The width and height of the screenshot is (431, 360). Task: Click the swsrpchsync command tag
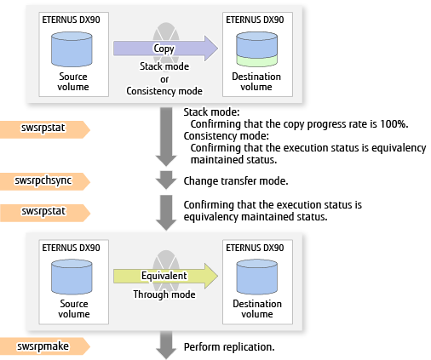coord(45,181)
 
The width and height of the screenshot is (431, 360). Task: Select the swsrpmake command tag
coord(45,346)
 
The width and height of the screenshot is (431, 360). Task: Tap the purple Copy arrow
coord(166,49)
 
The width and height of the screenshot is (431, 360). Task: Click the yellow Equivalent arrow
coord(166,276)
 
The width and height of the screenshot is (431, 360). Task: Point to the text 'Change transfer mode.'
coord(236,181)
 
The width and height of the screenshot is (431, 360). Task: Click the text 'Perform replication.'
coord(229,346)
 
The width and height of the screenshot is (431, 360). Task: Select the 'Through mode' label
coord(164,294)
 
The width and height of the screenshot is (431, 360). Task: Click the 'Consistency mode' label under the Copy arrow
coord(164,91)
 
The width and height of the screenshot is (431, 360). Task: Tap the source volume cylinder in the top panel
coord(72,49)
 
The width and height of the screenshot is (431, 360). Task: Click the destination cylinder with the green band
coord(256,49)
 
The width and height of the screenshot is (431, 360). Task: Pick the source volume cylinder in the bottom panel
coord(72,277)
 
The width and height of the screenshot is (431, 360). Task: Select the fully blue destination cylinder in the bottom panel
coord(256,277)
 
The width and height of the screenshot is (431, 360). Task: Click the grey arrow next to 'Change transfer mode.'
coord(166,180)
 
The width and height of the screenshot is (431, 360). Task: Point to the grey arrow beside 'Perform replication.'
coord(166,345)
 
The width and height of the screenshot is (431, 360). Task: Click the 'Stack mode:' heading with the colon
coord(211,112)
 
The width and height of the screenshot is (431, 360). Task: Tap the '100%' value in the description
coord(394,124)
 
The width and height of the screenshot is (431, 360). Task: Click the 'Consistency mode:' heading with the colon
coord(226,136)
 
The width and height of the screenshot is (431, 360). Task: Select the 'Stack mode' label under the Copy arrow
coord(164,66)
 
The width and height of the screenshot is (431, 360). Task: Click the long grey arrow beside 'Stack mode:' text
coord(166,137)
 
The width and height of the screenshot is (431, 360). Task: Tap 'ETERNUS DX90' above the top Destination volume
coord(255,20)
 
